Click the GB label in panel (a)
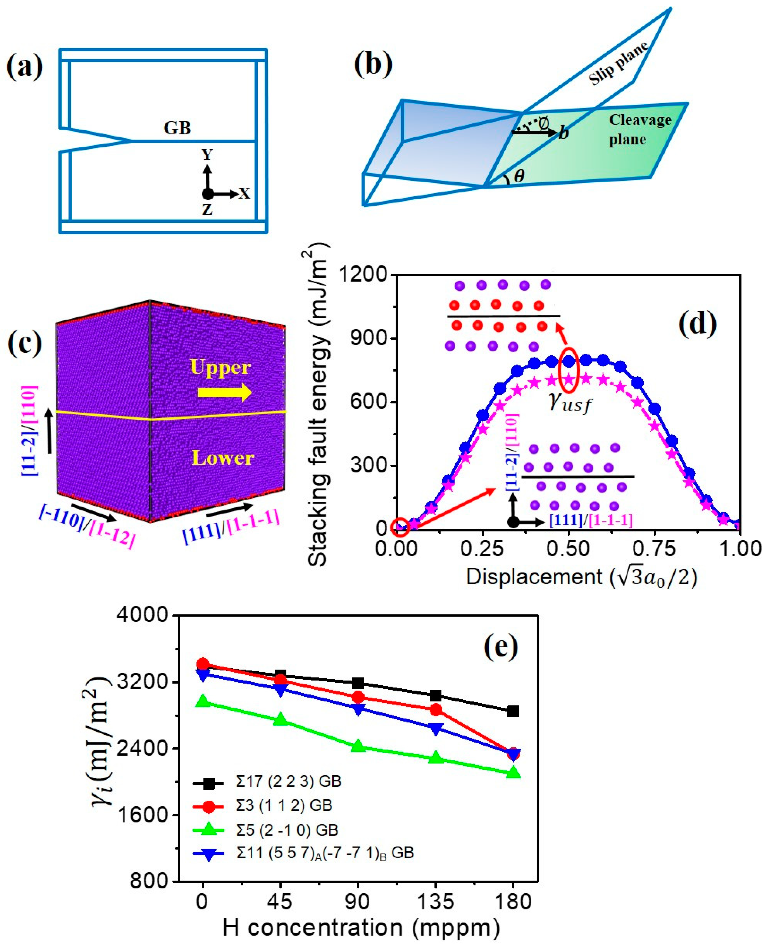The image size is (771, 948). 177,128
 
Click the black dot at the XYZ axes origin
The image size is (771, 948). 207,194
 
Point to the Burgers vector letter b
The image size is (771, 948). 564,132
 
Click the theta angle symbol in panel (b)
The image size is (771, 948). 519,176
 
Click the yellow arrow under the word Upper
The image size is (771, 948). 224,392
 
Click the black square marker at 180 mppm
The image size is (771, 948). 513,711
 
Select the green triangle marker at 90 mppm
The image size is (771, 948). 358,747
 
